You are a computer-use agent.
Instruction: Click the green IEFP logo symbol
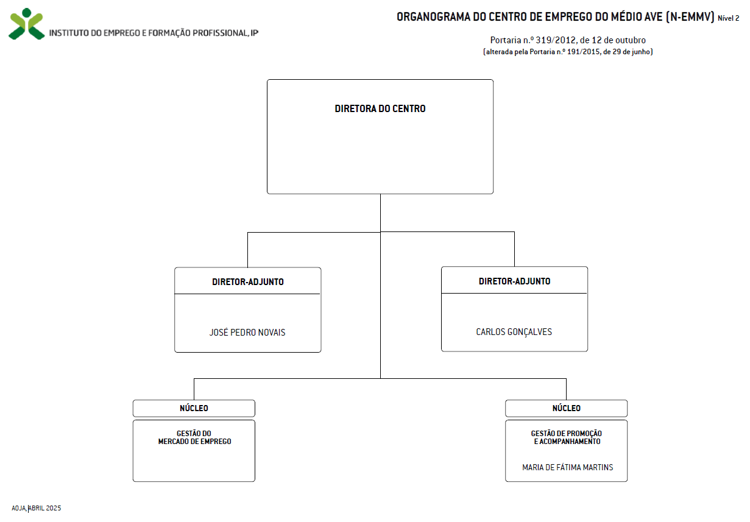26,24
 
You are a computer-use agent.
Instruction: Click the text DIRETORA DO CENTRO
380,108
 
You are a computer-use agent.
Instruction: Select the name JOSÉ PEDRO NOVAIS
247,332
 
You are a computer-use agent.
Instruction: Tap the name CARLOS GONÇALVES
514,332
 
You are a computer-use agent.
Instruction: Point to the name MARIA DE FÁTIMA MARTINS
567,467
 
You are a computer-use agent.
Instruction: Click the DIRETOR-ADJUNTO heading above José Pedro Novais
248,282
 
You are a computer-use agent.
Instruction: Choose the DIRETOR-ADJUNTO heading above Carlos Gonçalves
515,281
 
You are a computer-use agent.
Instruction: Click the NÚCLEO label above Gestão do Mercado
194,408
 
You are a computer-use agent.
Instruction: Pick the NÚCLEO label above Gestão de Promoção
567,408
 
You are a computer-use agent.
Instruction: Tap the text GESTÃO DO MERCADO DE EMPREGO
194,437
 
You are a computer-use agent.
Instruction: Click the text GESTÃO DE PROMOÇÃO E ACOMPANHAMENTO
567,437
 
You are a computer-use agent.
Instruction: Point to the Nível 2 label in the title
728,18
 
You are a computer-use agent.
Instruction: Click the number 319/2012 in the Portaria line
556,40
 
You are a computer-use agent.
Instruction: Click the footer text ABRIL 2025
45,508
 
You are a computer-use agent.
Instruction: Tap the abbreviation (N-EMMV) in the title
690,16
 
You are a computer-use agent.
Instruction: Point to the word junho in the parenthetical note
640,52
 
